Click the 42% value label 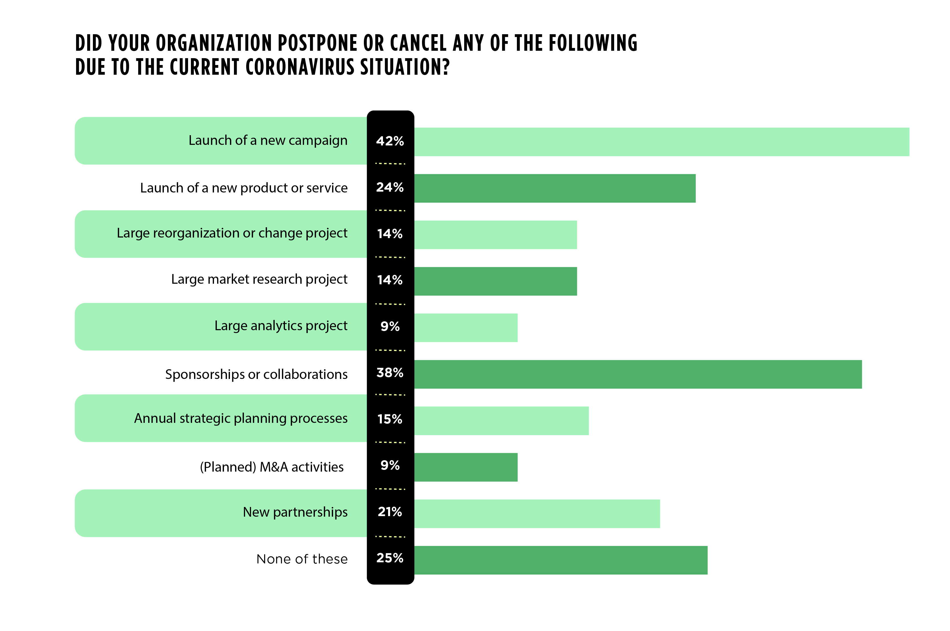tap(390, 141)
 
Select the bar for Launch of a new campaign tap(661, 142)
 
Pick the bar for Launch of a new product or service tap(555, 188)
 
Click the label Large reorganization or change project tap(232, 234)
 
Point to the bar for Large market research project tap(495, 281)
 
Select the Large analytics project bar tap(466, 328)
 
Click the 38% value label tap(390, 373)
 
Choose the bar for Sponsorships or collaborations tap(638, 374)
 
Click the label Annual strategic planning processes tap(240, 419)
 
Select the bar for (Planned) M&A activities tap(466, 467)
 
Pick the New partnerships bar tap(537, 514)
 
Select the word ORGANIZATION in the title tap(213, 43)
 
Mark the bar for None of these tap(560, 560)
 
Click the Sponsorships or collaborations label tap(256, 374)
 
